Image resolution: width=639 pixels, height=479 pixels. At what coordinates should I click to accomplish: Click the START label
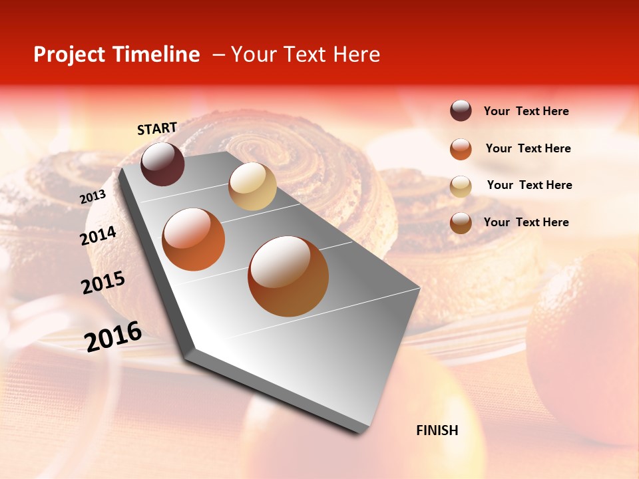[x=157, y=128]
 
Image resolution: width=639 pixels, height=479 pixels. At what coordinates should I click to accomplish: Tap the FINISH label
[x=437, y=430]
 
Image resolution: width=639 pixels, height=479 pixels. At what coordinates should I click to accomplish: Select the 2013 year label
[x=93, y=197]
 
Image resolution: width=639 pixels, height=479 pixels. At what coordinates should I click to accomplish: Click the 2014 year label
[x=98, y=236]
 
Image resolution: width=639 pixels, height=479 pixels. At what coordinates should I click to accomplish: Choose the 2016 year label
[x=113, y=337]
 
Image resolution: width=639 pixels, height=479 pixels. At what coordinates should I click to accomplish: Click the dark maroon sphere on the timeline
[x=162, y=164]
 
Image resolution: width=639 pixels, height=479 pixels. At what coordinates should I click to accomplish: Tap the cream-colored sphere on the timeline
[x=252, y=186]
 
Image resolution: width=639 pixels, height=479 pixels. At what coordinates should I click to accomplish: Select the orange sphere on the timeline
[x=194, y=239]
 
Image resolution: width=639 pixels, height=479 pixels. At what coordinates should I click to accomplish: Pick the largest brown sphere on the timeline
[x=288, y=276]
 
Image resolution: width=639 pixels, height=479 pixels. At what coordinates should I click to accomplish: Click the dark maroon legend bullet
[x=461, y=111]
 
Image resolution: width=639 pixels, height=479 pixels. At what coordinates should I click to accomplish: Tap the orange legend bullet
[x=461, y=149]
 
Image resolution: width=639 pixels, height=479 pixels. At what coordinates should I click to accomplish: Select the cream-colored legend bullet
[x=461, y=186]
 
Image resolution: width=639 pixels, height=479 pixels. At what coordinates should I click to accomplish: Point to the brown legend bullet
[x=461, y=223]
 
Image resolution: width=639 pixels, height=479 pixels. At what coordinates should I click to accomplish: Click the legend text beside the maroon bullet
[x=526, y=112]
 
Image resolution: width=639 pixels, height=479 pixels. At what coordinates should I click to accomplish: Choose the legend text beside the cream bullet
[x=529, y=185]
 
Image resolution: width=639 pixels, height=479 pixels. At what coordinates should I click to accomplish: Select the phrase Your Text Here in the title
[x=306, y=55]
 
